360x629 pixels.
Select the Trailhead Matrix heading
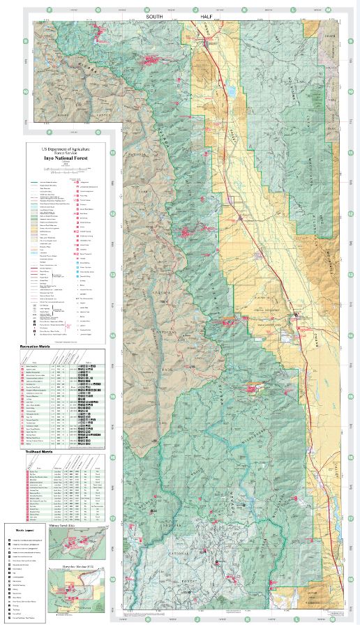40,451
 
